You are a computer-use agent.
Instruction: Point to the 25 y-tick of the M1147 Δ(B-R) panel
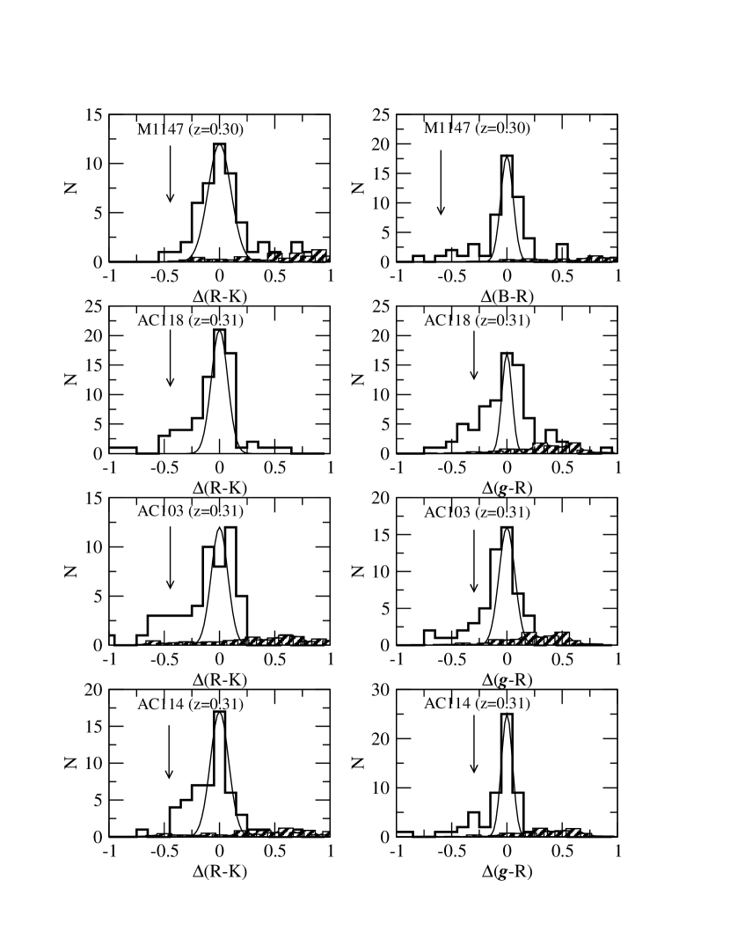(x=381, y=115)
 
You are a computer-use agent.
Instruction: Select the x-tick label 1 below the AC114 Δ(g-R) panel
(x=618, y=852)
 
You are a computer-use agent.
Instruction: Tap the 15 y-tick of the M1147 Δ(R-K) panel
(x=94, y=115)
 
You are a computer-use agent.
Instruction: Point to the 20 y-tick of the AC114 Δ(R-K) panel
(x=94, y=690)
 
